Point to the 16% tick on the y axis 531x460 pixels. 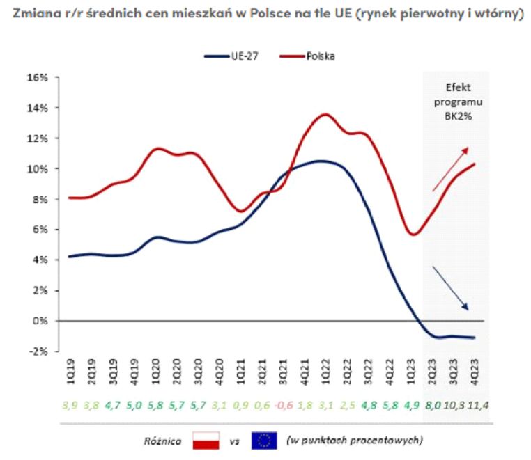(37, 77)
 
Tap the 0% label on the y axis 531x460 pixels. (39, 321)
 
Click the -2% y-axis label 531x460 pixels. (38, 351)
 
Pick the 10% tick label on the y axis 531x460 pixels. (37, 169)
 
